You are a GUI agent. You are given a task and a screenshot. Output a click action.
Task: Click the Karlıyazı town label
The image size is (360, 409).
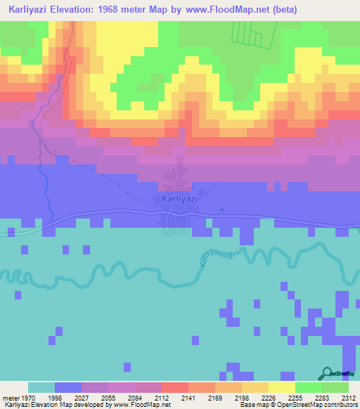[x=179, y=200]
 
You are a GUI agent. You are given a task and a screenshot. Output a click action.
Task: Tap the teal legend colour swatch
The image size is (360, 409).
[x=41, y=387]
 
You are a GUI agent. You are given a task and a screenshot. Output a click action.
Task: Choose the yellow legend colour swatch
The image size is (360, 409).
[x=281, y=387]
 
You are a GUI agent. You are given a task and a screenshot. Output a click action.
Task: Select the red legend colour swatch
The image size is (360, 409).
[x=174, y=387]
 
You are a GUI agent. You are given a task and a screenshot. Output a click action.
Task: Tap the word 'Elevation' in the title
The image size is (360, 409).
[x=79, y=10]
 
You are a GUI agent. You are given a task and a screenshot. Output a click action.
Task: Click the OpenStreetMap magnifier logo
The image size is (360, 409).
[x=328, y=372]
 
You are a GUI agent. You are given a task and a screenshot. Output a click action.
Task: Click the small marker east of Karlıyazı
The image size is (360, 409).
[x=221, y=210]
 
